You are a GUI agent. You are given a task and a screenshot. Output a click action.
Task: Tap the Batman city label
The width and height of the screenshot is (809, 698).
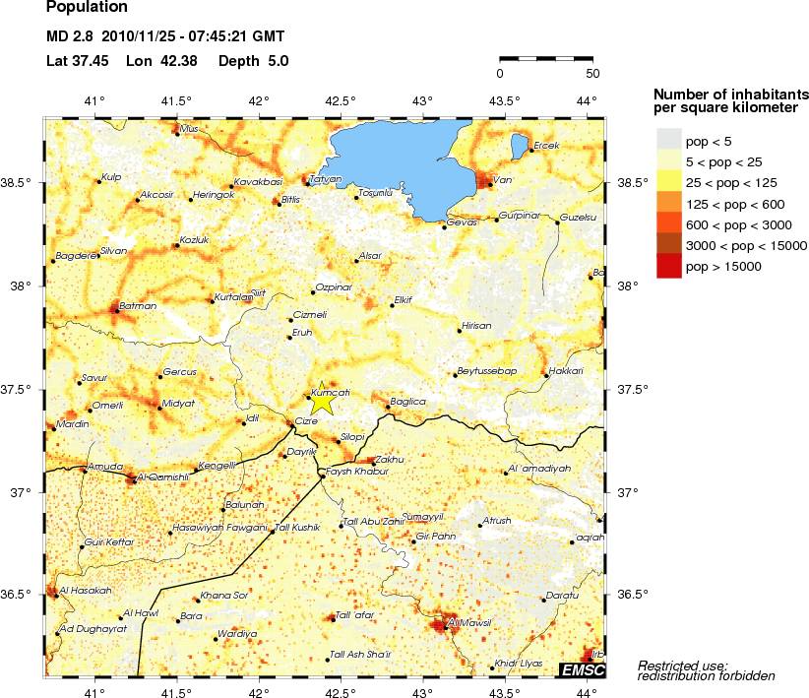click(x=137, y=306)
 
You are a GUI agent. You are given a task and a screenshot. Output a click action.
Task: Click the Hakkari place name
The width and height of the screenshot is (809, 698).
click(x=566, y=370)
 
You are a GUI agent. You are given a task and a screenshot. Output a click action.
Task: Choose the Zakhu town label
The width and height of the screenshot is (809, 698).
click(x=390, y=459)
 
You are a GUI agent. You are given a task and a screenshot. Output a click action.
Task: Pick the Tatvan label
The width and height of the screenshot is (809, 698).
click(x=325, y=179)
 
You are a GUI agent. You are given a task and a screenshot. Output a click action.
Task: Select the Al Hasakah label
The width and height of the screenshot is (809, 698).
click(x=86, y=591)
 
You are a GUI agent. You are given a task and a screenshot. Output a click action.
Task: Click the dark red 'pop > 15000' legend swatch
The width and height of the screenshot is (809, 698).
click(x=669, y=266)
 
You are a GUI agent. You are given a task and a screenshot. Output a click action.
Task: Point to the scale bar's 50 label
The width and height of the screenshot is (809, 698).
click(x=592, y=73)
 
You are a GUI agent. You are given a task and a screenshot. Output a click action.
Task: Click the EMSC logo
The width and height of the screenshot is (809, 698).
click(x=582, y=670)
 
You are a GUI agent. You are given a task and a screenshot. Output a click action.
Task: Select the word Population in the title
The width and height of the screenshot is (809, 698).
click(x=87, y=8)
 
